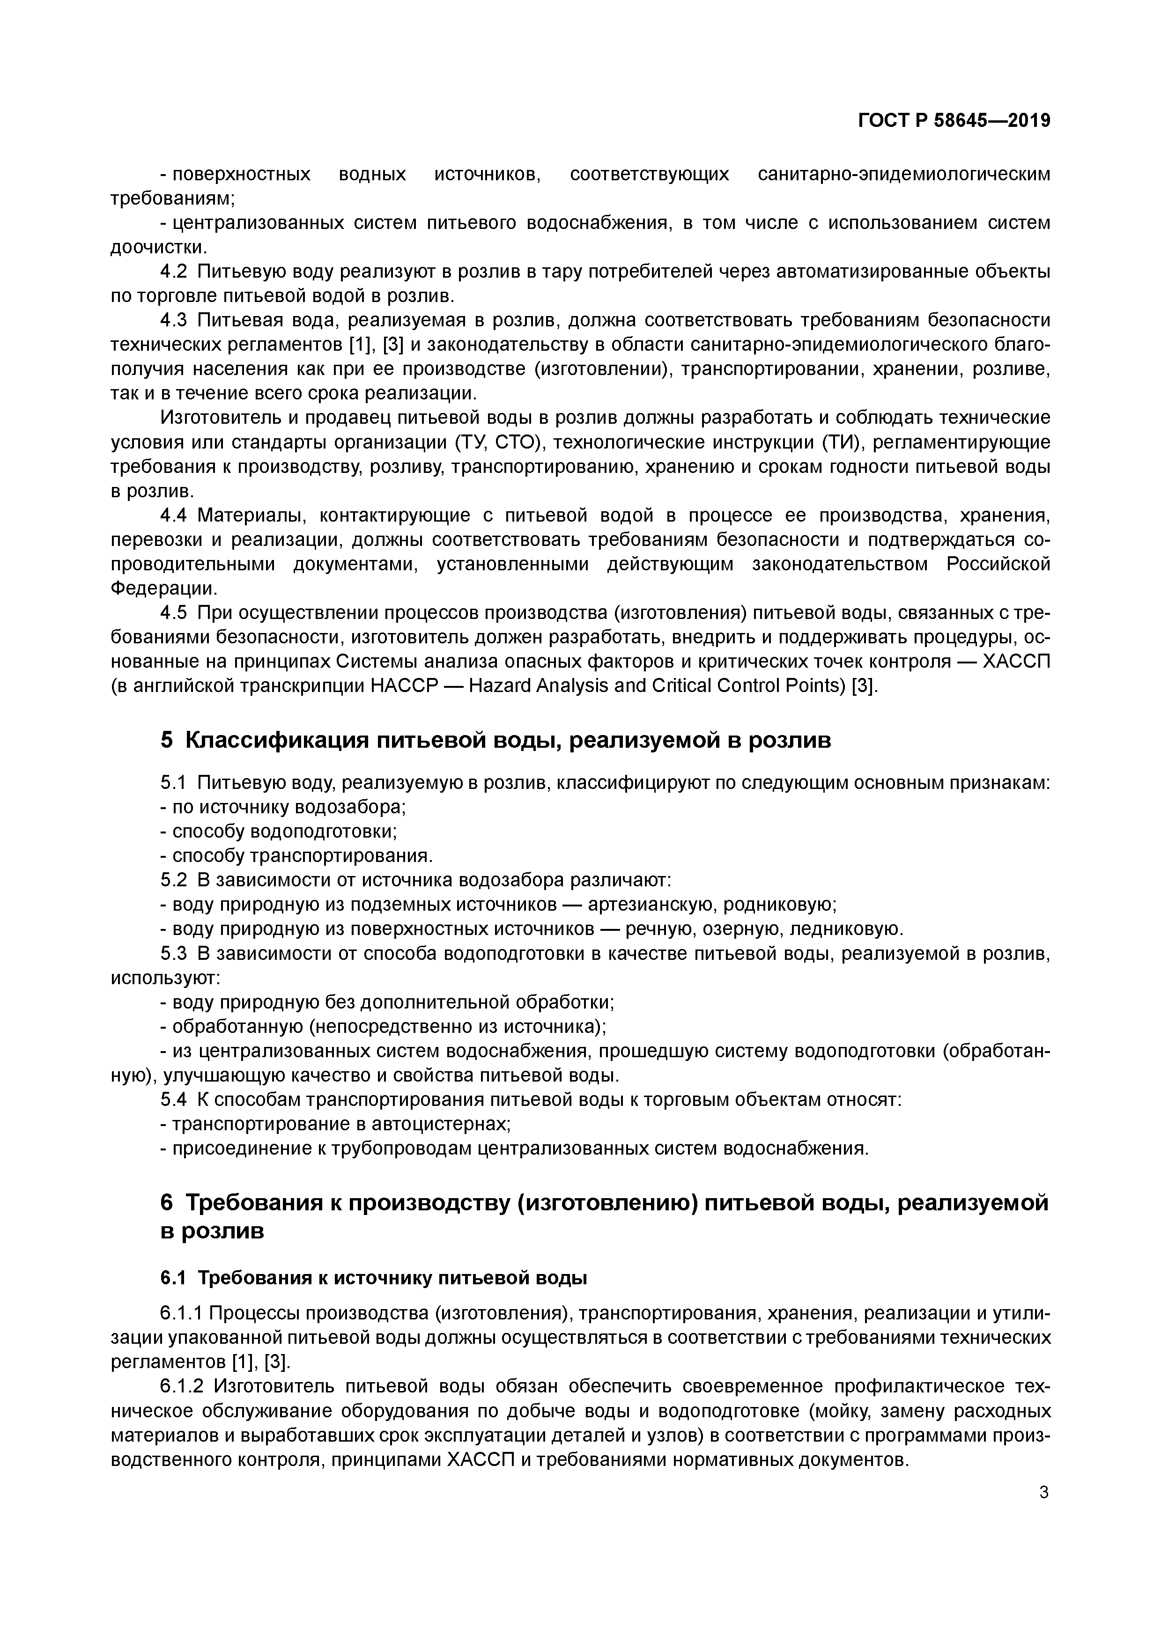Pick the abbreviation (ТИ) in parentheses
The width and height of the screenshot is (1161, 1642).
(843, 442)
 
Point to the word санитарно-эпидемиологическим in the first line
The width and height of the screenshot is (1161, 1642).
(904, 174)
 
